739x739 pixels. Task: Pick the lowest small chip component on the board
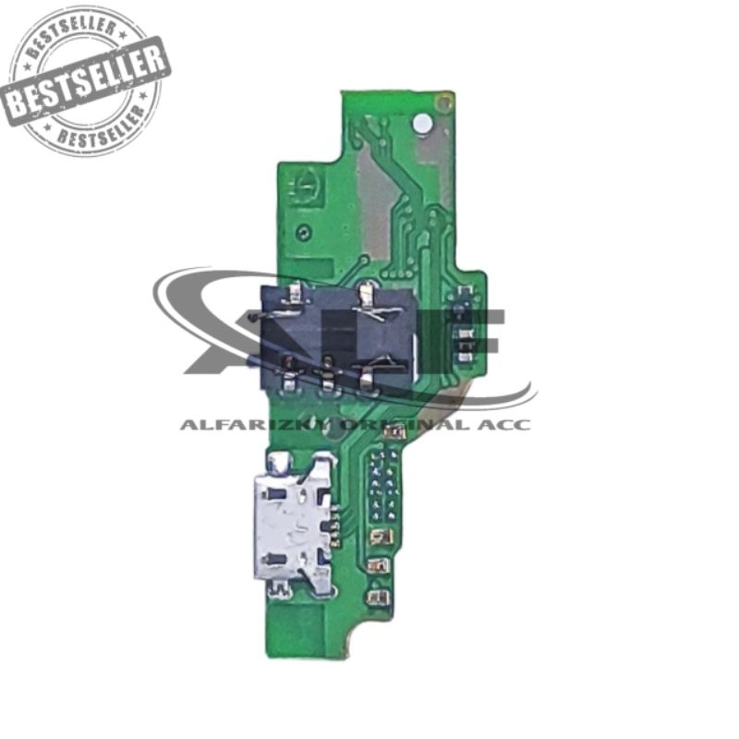pos(376,597)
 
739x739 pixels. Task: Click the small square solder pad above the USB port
pos(278,459)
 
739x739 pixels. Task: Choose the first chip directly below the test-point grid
pos(382,536)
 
